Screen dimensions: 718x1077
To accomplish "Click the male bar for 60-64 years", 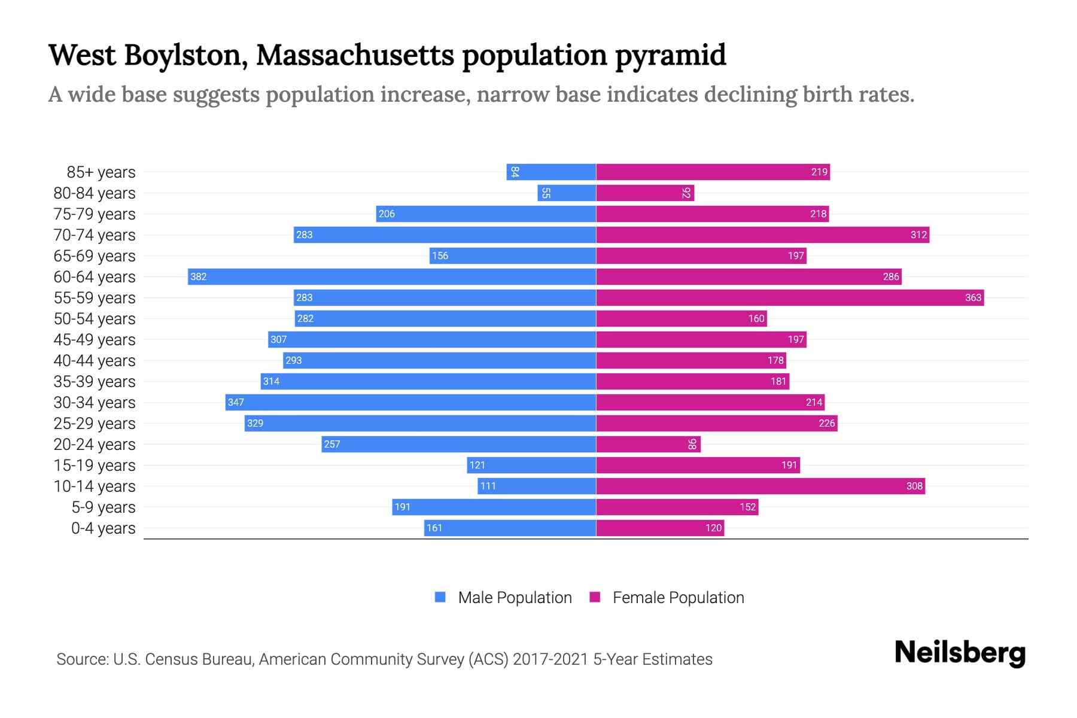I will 392,276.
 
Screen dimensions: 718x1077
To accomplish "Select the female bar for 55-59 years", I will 790,297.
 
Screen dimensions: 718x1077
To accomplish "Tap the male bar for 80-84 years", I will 567,193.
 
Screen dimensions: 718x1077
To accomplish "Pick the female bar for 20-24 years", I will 648,444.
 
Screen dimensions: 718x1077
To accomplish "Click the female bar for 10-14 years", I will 760,486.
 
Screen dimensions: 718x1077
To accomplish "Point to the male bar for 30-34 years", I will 410,402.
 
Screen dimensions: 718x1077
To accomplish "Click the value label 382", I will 198,276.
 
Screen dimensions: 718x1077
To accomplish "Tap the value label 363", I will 973,297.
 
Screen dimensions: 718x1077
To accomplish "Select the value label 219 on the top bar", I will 819,172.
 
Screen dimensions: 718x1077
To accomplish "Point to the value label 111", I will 488,486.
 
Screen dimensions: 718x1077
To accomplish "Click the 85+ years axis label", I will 101,172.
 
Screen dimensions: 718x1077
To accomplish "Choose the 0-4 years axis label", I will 103,528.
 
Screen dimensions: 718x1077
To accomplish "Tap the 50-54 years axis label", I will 95,319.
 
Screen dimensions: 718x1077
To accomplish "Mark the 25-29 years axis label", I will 95,424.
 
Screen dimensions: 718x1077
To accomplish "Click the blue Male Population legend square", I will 440,597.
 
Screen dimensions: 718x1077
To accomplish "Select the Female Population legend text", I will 678,598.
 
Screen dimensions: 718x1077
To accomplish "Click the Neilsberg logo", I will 960,653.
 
